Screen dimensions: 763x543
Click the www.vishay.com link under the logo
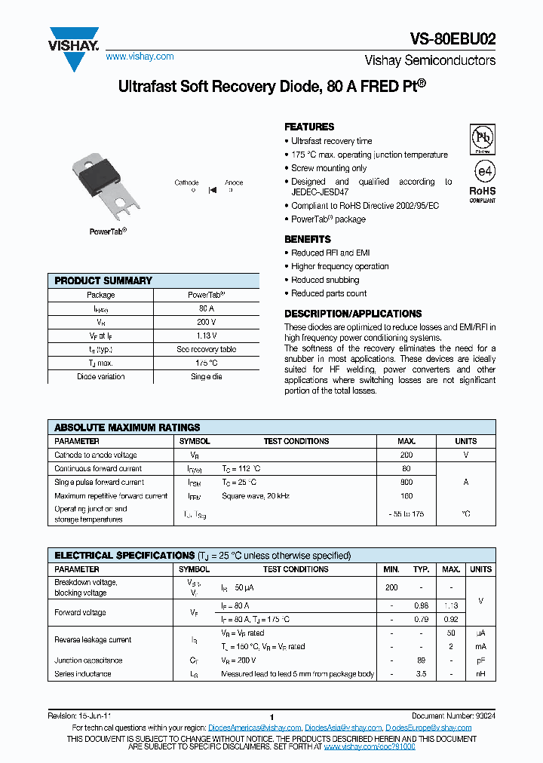140,57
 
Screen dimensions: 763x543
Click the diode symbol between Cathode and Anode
213,190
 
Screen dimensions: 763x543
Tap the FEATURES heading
309,127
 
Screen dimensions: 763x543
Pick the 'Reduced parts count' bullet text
329,293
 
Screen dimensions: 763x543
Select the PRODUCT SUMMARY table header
103,280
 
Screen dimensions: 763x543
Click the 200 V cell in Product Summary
206,322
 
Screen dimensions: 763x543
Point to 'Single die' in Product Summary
206,376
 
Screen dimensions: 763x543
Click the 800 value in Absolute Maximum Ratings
406,482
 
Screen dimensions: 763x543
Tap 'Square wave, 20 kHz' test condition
256,496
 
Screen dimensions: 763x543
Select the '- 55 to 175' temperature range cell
406,513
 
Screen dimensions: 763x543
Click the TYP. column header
422,569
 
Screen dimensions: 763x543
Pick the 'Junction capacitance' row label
88,660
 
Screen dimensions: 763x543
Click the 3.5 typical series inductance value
422,674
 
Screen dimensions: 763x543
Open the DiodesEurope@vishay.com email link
428,728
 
